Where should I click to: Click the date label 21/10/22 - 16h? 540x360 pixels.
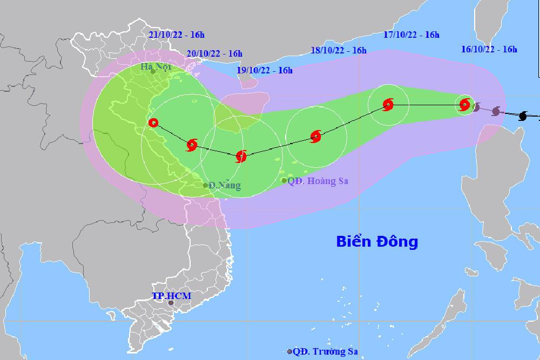click(178, 35)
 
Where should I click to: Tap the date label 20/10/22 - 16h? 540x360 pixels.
click(214, 53)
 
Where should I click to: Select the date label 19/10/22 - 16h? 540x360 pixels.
click(265, 70)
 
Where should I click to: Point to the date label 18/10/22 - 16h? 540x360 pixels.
click(339, 51)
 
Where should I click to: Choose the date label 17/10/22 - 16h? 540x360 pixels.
click(411, 35)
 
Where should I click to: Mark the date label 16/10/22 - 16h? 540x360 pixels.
click(489, 50)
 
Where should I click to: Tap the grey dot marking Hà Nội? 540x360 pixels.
click(153, 71)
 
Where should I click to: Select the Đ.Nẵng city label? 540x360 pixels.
click(225, 186)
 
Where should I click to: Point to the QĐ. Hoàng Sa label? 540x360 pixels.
click(318, 181)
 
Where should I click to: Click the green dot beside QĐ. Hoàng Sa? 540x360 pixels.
click(285, 180)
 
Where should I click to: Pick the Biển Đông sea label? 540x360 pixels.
click(377, 241)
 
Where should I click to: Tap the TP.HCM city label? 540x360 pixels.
click(171, 296)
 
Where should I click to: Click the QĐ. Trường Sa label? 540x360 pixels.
click(326, 351)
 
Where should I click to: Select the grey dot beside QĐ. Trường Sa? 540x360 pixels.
click(290, 351)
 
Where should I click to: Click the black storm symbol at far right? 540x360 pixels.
click(523, 116)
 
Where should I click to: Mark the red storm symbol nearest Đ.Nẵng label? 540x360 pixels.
click(192, 144)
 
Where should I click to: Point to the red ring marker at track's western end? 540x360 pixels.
click(153, 123)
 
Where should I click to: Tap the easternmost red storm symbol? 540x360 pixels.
click(464, 105)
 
